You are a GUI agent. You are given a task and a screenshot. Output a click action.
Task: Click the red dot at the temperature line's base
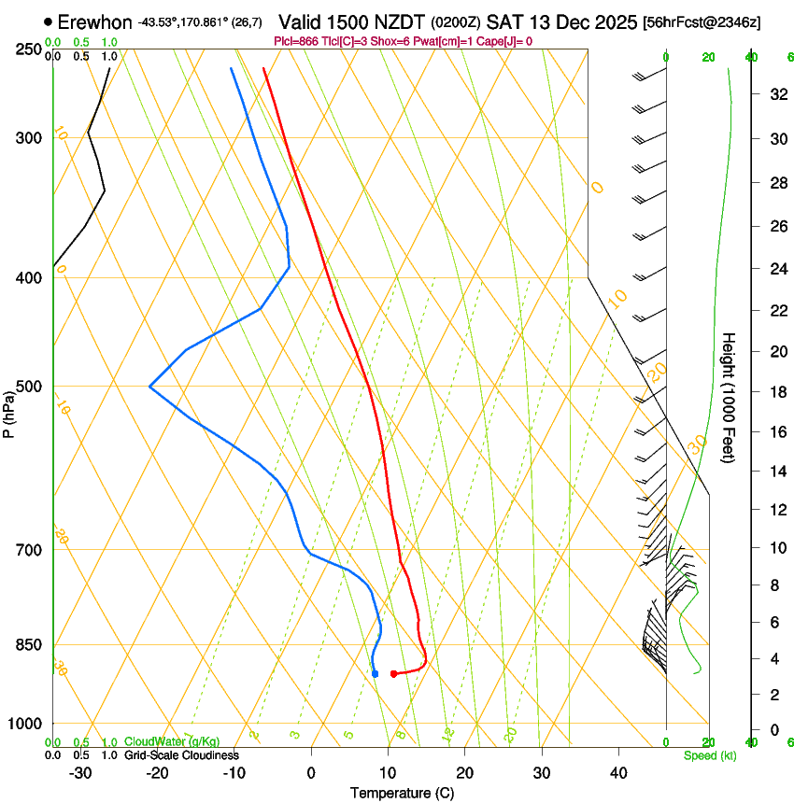pos(393,673)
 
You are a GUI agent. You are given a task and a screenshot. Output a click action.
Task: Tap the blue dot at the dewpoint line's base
pos(375,673)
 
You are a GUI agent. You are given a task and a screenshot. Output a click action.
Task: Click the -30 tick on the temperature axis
pos(80,773)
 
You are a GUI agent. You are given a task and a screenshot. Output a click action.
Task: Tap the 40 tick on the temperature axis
pos(617,773)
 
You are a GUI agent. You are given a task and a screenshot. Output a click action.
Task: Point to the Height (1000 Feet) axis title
pos(729,397)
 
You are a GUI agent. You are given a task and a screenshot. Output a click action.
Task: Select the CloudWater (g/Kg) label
pos(172,742)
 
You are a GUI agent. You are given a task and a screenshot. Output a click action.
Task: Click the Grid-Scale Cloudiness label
pos(181,755)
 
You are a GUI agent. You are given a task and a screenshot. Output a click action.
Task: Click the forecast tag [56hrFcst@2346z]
pos(702,21)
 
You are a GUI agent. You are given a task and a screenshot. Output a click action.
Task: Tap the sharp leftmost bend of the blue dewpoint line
pos(149,386)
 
